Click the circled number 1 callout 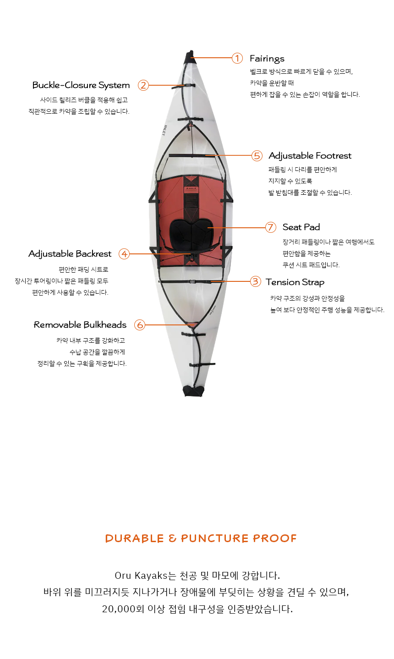237,58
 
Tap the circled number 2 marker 143,85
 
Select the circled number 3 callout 256,281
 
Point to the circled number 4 124,254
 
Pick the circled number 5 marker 257,156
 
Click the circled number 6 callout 140,325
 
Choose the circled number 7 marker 270,227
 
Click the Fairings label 267,59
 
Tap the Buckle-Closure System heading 81,85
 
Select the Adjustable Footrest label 310,156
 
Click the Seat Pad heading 301,227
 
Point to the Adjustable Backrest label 70,254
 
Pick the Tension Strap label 295,282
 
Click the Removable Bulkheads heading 80,325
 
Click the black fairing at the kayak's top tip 190,57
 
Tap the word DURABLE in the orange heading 134,538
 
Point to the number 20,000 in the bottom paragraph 119,609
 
